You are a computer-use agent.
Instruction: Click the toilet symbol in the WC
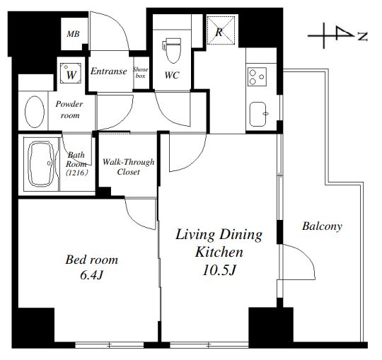coord(172,50)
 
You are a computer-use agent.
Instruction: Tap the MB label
coord(73,34)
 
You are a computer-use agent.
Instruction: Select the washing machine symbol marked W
coord(71,73)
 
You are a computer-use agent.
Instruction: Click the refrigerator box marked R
coord(221,30)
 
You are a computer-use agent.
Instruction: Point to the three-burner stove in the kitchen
coord(257,76)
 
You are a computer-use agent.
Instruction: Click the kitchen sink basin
coord(258,114)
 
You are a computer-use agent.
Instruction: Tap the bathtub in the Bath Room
coord(41,164)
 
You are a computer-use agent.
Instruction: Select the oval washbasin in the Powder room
coord(35,112)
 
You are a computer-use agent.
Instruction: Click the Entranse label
coord(109,71)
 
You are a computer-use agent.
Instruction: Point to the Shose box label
coord(141,73)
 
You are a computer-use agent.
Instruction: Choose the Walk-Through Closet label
coord(128,167)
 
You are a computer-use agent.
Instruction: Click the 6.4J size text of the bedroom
coord(91,275)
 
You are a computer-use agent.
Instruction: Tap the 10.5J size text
coord(219,270)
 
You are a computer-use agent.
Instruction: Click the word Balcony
coord(322,226)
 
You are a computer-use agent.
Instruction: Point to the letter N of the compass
coord(362,37)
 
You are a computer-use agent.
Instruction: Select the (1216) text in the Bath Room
coord(76,173)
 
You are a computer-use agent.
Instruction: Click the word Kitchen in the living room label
coord(219,252)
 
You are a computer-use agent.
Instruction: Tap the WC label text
coord(172,75)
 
